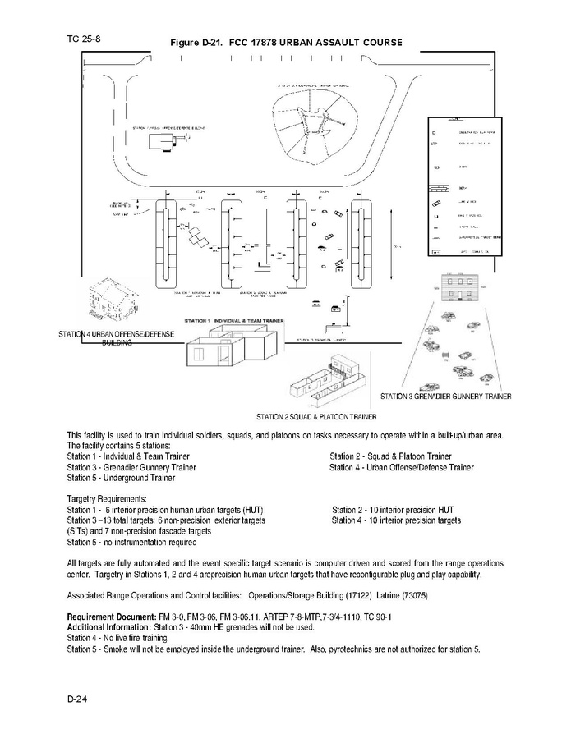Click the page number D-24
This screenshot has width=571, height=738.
(78, 699)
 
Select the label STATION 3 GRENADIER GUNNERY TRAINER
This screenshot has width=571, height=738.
(445, 397)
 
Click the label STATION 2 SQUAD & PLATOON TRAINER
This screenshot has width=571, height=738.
(315, 417)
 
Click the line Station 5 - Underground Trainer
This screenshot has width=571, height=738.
(121, 477)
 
